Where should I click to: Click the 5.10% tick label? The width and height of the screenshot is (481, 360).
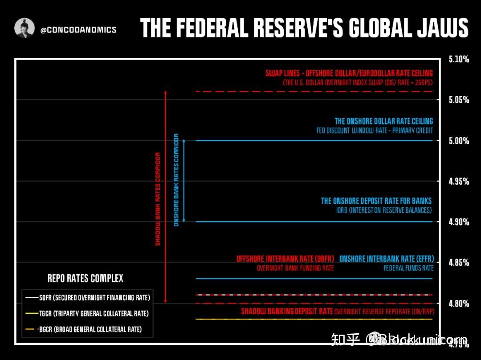coord(459,59)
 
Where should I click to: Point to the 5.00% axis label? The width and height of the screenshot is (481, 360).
coord(459,141)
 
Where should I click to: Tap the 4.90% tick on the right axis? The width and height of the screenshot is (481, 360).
coord(459,222)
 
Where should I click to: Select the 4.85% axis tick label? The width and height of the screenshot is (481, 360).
coord(459,263)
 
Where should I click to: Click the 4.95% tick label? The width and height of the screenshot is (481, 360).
coord(459,181)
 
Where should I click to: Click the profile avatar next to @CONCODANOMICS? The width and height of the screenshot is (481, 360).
coord(24,28)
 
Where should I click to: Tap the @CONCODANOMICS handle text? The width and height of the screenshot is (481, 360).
coord(78,30)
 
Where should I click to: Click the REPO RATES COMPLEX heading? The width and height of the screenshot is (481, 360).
coord(86,279)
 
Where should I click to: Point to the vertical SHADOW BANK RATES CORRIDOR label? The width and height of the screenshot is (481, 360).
coord(158,199)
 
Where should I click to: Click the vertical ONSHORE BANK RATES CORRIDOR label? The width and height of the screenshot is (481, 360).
coord(176,180)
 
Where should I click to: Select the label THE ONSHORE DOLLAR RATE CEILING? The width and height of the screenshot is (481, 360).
coord(383,121)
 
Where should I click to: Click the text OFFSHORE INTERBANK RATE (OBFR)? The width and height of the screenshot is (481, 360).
coord(285,259)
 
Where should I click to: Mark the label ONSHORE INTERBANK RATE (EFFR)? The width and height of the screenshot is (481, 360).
coord(386,259)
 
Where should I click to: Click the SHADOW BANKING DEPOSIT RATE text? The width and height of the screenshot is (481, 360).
coord(287,311)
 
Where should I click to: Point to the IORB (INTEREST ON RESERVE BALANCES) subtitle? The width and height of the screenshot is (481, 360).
coord(384,210)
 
